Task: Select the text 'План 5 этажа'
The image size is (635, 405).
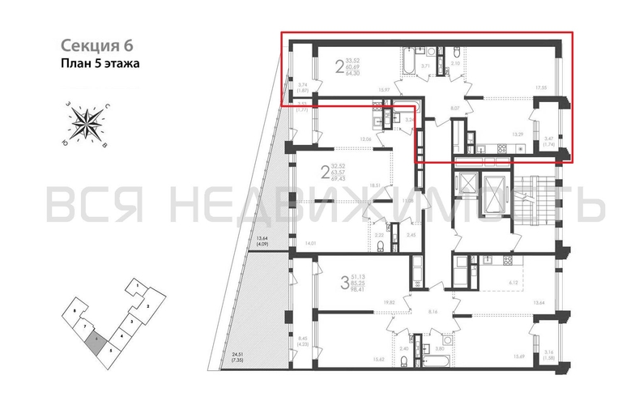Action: click(100, 62)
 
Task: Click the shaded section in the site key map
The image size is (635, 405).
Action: click(96, 343)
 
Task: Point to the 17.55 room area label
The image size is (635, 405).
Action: click(540, 87)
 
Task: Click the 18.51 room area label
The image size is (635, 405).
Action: click(375, 185)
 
